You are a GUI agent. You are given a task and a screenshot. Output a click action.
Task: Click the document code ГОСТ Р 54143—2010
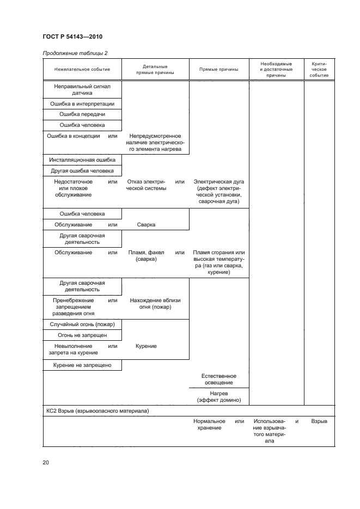(x=72, y=36)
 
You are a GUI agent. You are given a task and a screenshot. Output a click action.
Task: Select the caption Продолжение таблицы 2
(x=75, y=53)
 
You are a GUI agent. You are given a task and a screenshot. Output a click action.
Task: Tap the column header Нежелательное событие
(x=82, y=69)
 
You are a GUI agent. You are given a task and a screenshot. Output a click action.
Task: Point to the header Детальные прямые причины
(x=155, y=69)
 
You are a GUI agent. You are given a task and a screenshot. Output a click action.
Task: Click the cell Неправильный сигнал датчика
(x=82, y=89)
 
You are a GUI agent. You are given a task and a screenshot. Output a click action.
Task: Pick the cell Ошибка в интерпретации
(x=82, y=103)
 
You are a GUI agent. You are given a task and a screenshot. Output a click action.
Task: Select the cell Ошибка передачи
(x=82, y=114)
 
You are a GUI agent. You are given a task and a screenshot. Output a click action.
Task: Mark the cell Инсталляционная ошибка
(x=82, y=160)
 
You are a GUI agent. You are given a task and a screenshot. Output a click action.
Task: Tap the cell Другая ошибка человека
(x=82, y=171)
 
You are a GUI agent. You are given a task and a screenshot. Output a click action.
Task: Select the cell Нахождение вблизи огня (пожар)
(x=155, y=303)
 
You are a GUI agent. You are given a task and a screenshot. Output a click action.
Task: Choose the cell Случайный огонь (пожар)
(x=82, y=324)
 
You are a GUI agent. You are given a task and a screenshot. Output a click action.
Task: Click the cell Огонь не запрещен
(x=82, y=335)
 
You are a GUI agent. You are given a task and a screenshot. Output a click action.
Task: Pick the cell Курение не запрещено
(x=82, y=365)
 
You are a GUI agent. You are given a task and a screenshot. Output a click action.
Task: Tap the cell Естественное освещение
(x=218, y=379)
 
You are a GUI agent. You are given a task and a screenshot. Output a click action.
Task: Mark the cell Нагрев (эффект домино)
(x=218, y=396)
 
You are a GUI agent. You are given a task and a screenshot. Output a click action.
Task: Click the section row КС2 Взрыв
(x=98, y=412)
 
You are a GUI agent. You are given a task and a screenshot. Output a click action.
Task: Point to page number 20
(x=46, y=463)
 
